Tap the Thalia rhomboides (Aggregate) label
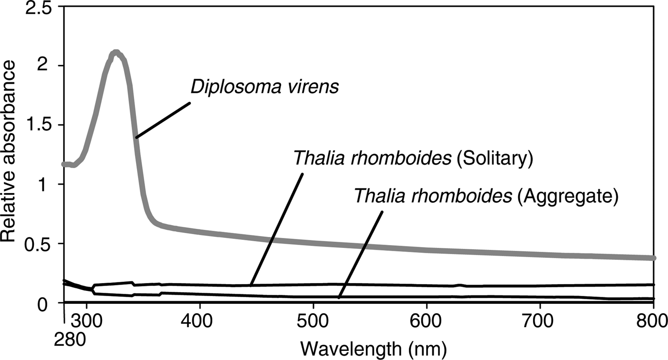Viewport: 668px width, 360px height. pyautogui.click(x=486, y=196)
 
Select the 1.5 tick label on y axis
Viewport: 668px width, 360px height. pyautogui.click(x=40, y=125)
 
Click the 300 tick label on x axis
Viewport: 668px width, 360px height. pyautogui.click(x=87, y=319)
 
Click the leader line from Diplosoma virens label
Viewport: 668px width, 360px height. pyautogui.click(x=163, y=120)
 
